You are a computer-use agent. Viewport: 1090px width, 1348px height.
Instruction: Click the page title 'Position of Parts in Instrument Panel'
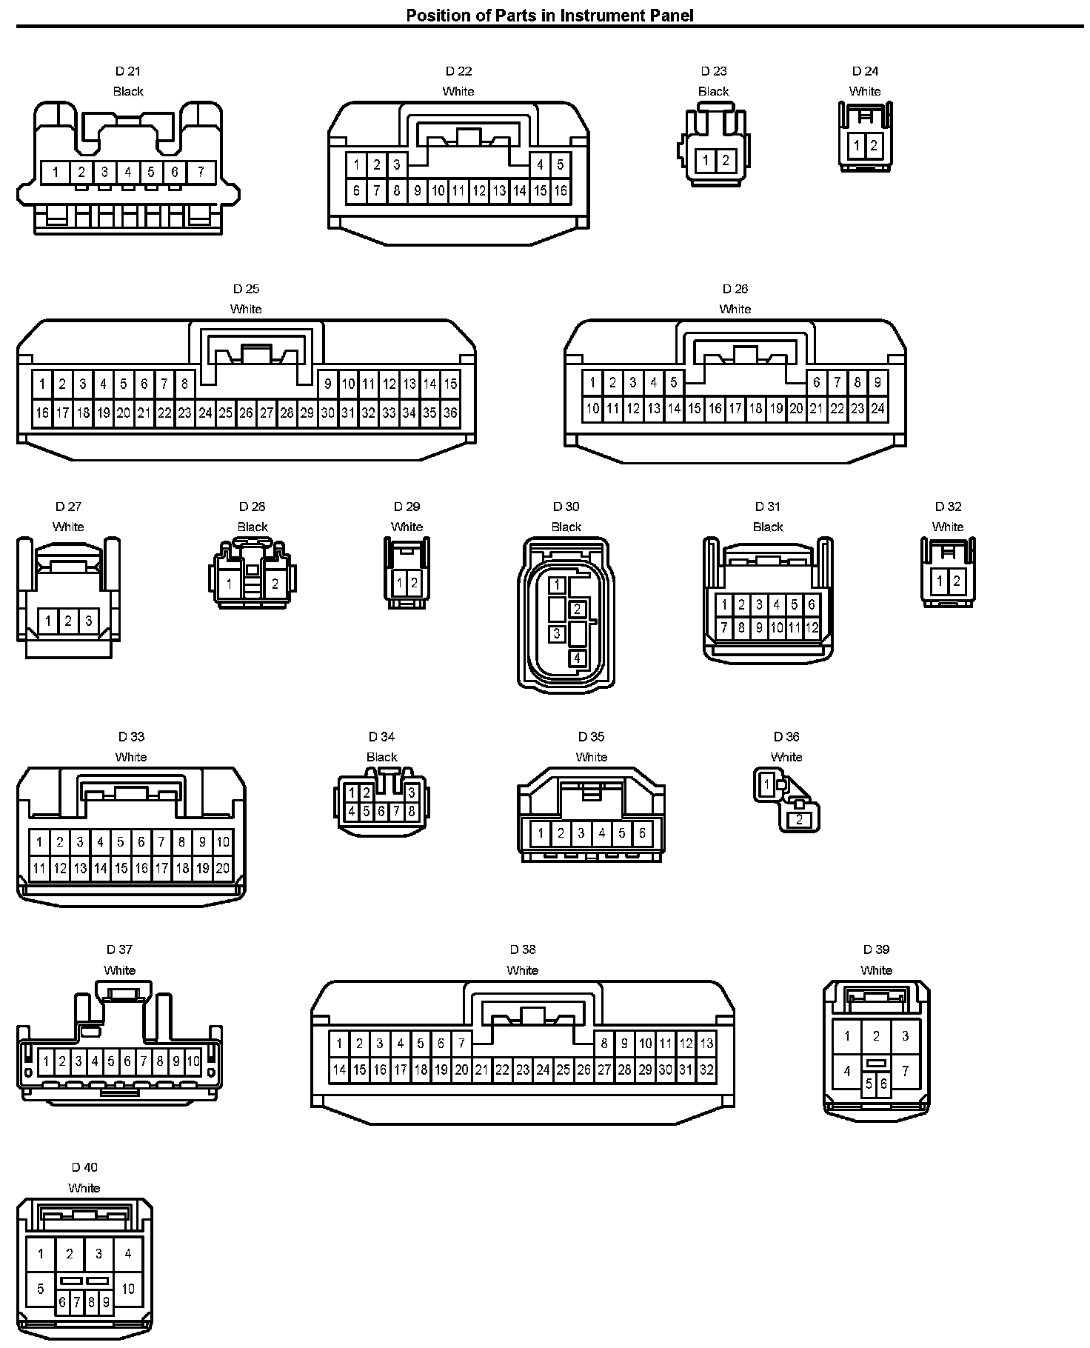[x=549, y=15]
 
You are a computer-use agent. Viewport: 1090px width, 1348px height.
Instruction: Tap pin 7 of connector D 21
[x=201, y=173]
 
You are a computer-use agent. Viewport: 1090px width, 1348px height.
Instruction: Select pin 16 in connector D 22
[x=561, y=191]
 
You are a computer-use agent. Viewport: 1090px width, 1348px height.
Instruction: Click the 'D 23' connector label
[x=714, y=71]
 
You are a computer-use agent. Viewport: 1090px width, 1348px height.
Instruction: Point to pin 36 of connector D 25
[x=450, y=413]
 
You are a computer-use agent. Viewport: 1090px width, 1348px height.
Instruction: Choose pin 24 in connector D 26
[x=877, y=408]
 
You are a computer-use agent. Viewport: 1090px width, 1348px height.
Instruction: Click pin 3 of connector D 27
[x=88, y=621]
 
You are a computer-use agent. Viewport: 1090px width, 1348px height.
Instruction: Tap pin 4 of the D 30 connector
[x=577, y=658]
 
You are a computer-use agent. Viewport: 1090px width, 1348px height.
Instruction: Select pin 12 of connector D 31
[x=812, y=628]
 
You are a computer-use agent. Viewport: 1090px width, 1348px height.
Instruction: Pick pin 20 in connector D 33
[x=222, y=868]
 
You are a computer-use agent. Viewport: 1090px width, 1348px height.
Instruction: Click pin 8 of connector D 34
[x=412, y=811]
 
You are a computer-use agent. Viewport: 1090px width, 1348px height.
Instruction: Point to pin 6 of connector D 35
[x=642, y=833]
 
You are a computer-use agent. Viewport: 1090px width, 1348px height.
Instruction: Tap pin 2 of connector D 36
[x=800, y=820]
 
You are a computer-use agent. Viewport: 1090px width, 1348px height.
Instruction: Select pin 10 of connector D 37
[x=193, y=1061]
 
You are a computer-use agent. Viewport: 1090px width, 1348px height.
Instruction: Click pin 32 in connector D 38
[x=706, y=1070]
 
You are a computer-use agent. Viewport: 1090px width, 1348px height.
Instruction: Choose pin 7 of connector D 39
[x=905, y=1071]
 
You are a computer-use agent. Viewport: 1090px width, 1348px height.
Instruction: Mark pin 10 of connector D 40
[x=128, y=1289]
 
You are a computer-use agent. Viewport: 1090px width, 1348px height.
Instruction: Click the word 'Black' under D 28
[x=253, y=527]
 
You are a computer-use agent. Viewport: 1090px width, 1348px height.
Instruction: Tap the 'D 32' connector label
[x=948, y=507]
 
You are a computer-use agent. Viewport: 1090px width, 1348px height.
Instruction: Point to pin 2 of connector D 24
[x=874, y=145]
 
